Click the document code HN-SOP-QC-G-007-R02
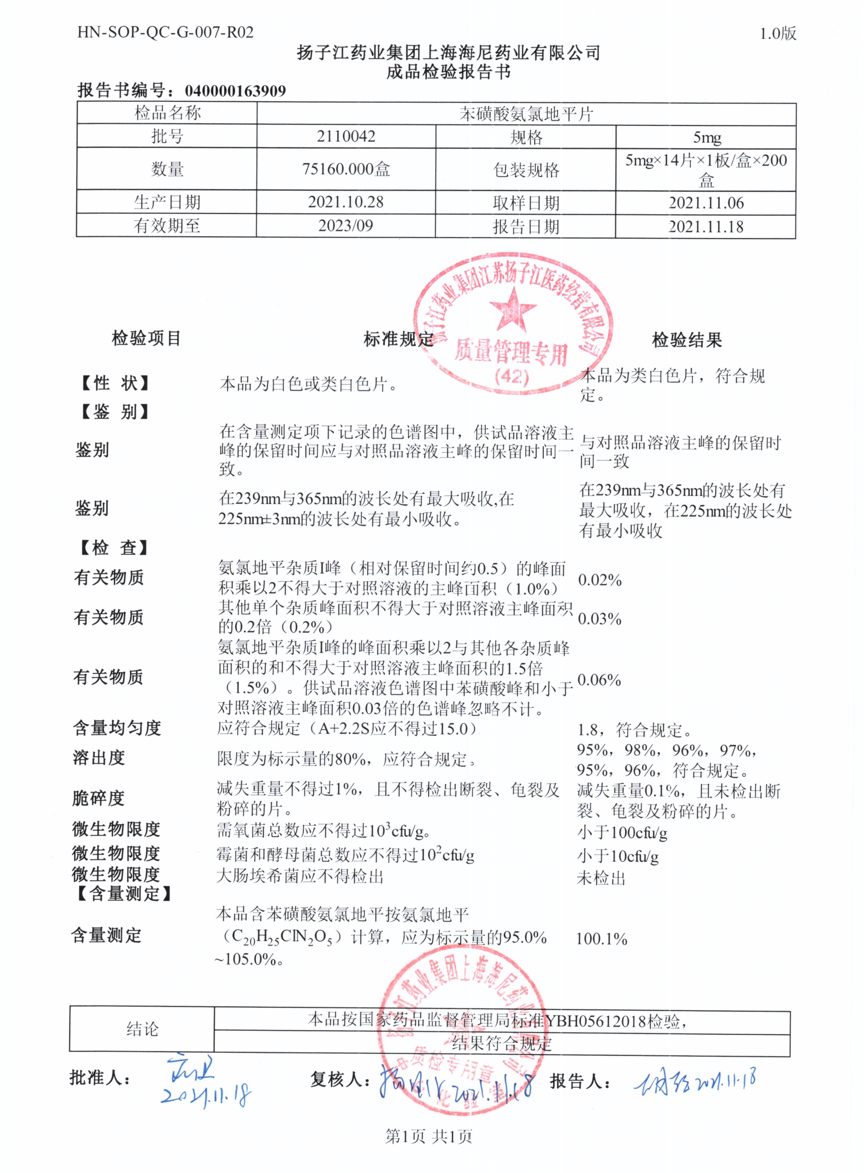(x=165, y=32)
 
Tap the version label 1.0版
(x=778, y=34)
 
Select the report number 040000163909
(x=235, y=91)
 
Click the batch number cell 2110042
(x=346, y=137)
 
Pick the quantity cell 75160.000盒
(x=346, y=169)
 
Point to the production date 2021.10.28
(x=346, y=202)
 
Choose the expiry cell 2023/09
(x=346, y=226)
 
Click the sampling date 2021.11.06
(x=706, y=203)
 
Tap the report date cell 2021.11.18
(x=706, y=227)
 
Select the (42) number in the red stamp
(x=511, y=377)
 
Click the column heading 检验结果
(x=687, y=340)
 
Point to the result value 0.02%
(x=599, y=580)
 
